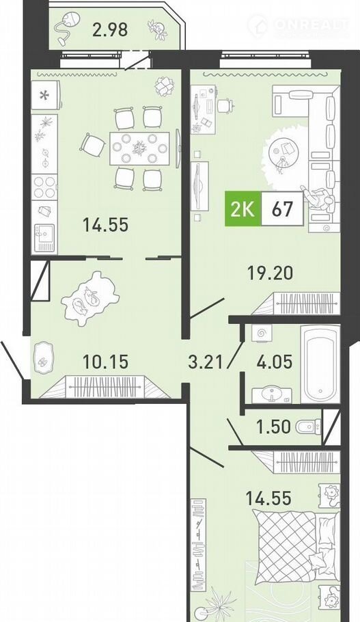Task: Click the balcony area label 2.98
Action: click(110, 30)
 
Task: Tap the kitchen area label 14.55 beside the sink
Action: click(105, 225)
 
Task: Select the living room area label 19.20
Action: click(270, 273)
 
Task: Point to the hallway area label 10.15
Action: click(105, 362)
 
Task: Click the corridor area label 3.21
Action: click(205, 362)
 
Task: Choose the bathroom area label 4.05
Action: click(275, 362)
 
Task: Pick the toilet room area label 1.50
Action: click(273, 427)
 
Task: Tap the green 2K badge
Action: click(243, 208)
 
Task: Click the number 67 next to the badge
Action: click(282, 208)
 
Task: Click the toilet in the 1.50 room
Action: click(308, 427)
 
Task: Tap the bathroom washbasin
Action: click(272, 394)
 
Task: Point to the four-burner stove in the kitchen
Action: click(44, 187)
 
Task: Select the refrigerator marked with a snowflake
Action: click(46, 95)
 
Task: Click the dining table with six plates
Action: click(139, 148)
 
